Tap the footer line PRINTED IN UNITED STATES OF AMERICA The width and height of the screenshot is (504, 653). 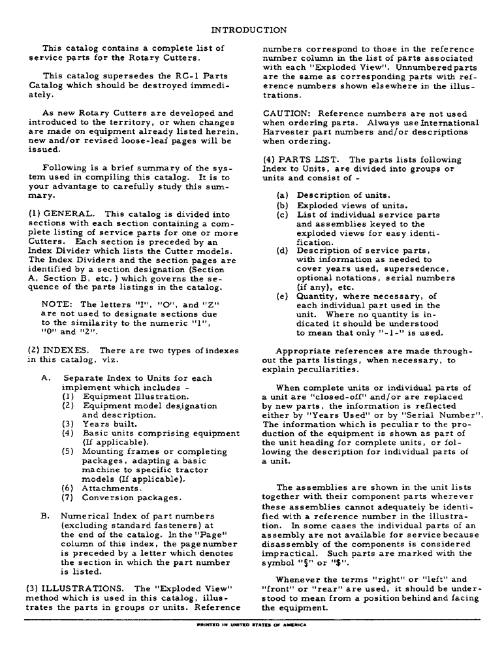pyautogui.click(x=251, y=624)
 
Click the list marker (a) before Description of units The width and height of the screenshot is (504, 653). pyautogui.click(x=282, y=195)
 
